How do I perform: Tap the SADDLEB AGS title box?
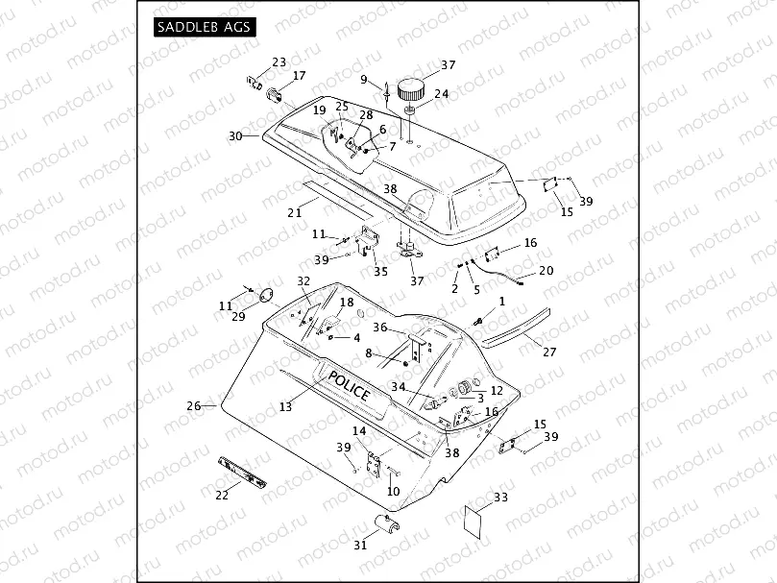coord(205,27)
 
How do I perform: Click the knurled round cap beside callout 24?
coord(412,89)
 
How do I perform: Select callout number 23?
coord(279,62)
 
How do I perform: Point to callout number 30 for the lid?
coord(235,136)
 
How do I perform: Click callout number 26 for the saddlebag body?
coord(193,406)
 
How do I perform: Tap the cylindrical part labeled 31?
coord(384,526)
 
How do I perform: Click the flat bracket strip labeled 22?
coord(244,470)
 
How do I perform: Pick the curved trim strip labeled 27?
coord(519,326)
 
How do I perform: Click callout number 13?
coord(285,407)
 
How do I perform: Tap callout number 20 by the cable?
coord(546,271)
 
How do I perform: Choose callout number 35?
coord(381,272)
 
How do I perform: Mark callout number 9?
coord(364,79)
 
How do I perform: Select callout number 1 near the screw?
coord(500,302)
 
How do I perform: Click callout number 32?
coord(304,281)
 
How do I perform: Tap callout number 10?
coord(393,491)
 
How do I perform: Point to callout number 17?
coord(299,76)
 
